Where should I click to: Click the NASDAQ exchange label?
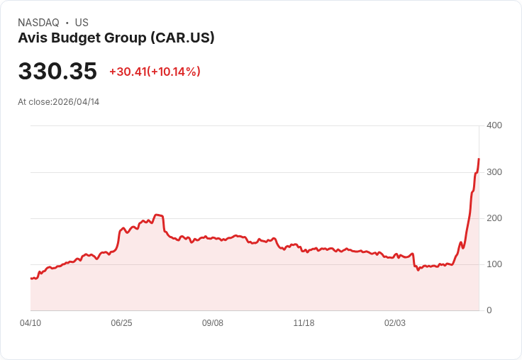38,23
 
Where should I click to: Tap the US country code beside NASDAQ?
82,23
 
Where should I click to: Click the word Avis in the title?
31,38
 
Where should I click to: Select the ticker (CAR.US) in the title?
182,38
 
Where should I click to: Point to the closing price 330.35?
57,72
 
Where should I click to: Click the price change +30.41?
128,72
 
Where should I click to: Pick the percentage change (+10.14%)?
174,72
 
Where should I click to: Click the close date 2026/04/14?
76,102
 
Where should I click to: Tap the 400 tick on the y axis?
494,125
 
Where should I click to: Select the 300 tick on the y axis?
494,172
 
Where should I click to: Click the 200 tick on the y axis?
494,218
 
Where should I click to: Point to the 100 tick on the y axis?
494,264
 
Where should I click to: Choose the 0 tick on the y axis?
489,310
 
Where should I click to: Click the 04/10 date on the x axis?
30,323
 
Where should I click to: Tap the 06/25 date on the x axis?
121,323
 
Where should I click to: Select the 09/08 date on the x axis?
213,323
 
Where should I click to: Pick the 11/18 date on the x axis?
304,323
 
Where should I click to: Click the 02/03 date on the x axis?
395,323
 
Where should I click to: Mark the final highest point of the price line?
479,159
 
